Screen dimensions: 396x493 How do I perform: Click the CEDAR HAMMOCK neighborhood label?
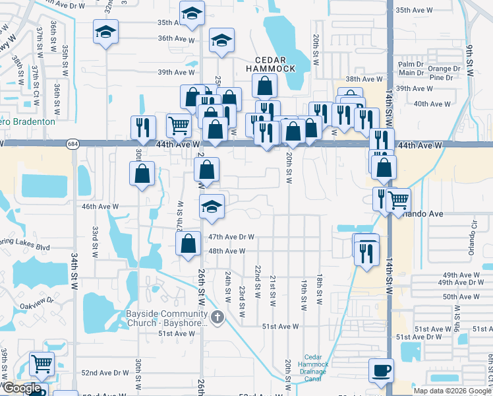(272, 63)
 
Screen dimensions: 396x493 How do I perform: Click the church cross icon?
(218, 318)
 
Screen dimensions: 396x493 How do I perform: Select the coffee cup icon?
(382, 370)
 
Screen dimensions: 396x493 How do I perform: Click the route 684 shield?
(72, 144)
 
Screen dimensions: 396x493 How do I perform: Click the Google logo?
(21, 389)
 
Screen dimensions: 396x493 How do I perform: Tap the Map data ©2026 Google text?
(451, 391)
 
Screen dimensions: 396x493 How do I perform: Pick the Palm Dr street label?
(411, 65)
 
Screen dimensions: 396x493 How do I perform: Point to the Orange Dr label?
(444, 69)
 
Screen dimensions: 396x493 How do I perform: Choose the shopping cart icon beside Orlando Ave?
(398, 199)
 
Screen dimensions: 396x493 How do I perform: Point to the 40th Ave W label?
(432, 104)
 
